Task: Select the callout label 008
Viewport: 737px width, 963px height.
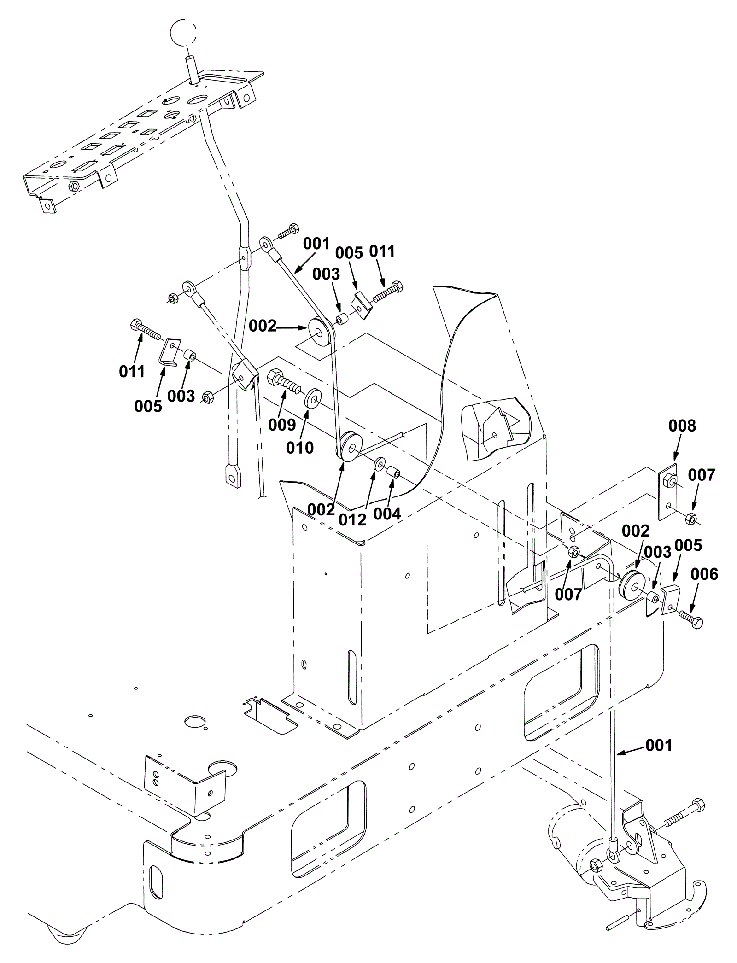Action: (682, 426)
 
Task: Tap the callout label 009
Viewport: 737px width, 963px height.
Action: (282, 424)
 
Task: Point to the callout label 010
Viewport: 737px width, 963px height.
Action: (300, 447)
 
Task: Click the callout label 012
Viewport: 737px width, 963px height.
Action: (352, 519)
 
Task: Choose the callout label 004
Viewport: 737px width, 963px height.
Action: (387, 514)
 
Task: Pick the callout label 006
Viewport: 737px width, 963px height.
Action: (705, 574)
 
